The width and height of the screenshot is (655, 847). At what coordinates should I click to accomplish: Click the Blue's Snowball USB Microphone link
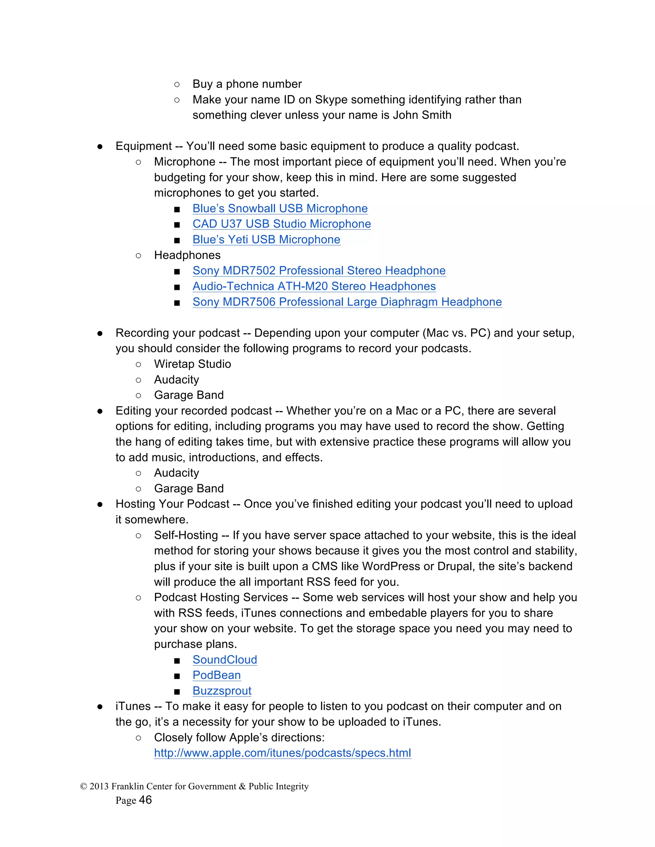280,208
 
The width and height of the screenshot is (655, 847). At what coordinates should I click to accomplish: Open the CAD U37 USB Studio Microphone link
282,224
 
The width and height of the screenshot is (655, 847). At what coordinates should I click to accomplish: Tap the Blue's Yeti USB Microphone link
266,239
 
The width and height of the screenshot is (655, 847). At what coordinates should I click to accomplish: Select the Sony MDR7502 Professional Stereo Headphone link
319,270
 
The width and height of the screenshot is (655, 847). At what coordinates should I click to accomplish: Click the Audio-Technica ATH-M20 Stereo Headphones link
314,286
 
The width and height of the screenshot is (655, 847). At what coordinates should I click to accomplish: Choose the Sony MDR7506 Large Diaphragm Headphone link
347,302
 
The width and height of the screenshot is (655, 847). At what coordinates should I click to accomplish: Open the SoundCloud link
225,659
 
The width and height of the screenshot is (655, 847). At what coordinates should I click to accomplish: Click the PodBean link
217,675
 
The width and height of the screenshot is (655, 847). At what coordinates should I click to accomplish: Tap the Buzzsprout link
222,691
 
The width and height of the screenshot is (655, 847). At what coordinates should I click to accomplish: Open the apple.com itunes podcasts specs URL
282,753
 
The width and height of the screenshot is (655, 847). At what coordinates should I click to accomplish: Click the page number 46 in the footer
145,800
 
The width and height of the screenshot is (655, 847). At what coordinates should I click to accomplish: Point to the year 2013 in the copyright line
99,786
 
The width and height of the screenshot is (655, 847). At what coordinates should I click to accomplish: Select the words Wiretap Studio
193,364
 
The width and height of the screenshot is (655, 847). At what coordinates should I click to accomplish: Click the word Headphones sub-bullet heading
187,255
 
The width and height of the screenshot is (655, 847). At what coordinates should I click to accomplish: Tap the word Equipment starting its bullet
144,146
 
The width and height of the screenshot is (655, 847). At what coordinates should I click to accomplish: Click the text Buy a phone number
247,84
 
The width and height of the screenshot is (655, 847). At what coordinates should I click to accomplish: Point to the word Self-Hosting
186,535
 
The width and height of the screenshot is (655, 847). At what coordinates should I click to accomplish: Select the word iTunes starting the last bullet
133,706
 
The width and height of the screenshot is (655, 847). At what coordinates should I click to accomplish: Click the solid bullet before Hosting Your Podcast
100,504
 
